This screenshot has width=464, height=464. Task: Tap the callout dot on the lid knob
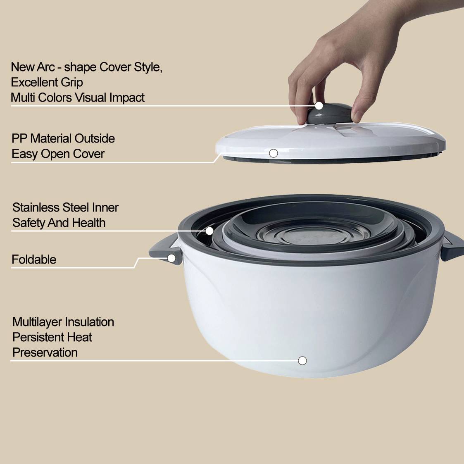(319, 106)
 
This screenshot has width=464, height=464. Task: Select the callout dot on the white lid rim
(274, 153)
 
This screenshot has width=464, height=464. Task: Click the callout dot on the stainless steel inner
(209, 231)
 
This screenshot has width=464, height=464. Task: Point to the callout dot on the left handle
(171, 258)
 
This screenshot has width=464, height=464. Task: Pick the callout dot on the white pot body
(302, 361)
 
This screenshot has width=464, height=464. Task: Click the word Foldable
(34, 259)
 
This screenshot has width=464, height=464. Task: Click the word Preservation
(45, 352)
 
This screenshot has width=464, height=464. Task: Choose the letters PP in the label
(19, 138)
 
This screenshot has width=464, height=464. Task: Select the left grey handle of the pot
(164, 250)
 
